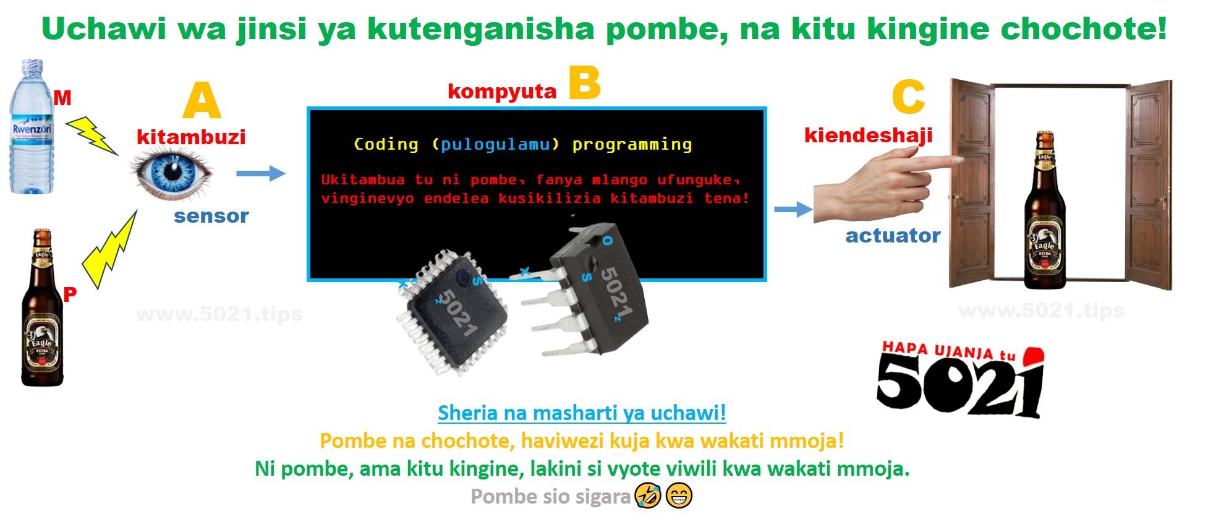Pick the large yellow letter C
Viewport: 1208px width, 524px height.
[x=908, y=98]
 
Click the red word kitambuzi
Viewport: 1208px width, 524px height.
[x=191, y=137]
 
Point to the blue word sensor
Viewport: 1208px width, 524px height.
[x=211, y=216]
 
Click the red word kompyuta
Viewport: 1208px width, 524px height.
[x=502, y=92]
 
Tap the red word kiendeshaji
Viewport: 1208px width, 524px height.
[x=868, y=135]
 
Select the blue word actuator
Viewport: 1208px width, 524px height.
[x=893, y=235]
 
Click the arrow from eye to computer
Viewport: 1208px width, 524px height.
[x=261, y=173]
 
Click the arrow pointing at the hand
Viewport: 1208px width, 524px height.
[x=793, y=210]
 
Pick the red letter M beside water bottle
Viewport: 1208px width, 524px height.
[x=62, y=98]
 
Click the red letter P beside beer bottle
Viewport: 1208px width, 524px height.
[x=70, y=294]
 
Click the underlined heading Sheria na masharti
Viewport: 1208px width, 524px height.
[x=582, y=413]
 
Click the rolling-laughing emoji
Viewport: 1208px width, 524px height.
[x=649, y=496]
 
